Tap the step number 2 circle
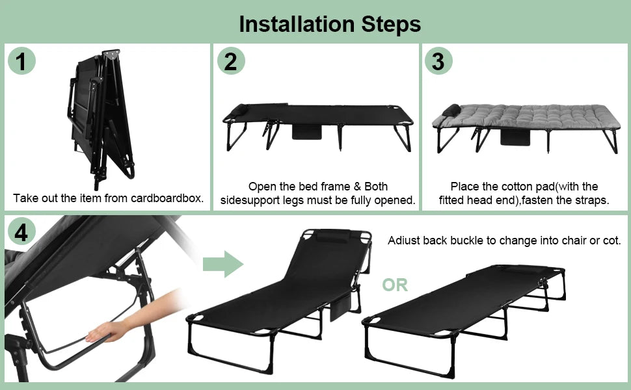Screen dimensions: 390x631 231,61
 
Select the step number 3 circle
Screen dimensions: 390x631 438,61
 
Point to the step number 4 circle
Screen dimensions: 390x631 21,232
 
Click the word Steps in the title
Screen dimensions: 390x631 386,23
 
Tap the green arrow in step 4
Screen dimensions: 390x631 223,265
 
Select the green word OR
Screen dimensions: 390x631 395,285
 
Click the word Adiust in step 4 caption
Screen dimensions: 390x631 405,240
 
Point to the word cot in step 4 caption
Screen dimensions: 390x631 611,240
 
